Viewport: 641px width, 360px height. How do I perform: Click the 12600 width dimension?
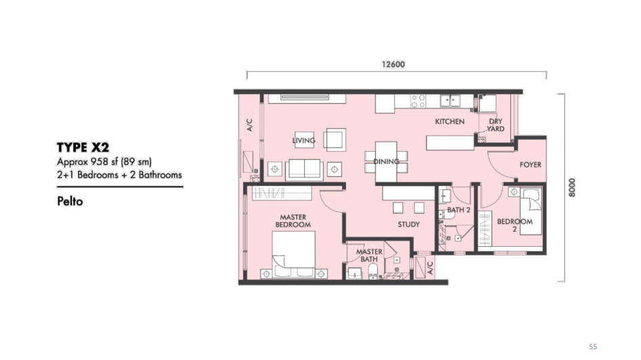point(393,64)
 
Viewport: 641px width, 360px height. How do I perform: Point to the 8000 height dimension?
point(572,187)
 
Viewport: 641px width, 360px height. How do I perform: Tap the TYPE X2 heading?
point(83,147)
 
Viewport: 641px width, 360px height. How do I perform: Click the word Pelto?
point(70,201)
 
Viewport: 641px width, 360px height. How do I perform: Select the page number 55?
point(593,347)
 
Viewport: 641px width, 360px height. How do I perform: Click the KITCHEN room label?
point(450,121)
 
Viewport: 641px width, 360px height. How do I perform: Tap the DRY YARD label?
point(495,125)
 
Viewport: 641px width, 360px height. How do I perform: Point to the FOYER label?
point(531,165)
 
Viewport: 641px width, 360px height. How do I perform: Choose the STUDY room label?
point(409,224)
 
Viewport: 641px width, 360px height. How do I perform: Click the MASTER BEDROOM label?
point(293,221)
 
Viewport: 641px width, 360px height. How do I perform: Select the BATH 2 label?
point(459,210)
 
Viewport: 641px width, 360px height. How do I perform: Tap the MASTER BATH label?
point(369,256)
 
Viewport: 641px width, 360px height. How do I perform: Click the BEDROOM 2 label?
point(515,225)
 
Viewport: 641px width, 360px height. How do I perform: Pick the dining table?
point(386,161)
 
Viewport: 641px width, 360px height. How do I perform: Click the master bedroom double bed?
point(293,254)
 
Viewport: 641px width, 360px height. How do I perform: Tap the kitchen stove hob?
point(418,101)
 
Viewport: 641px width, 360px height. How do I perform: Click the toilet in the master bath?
point(373,271)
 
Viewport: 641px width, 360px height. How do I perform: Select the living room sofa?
point(304,169)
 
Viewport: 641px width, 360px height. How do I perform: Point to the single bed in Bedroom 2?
point(531,212)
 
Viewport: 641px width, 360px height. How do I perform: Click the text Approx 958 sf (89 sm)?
point(104,161)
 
